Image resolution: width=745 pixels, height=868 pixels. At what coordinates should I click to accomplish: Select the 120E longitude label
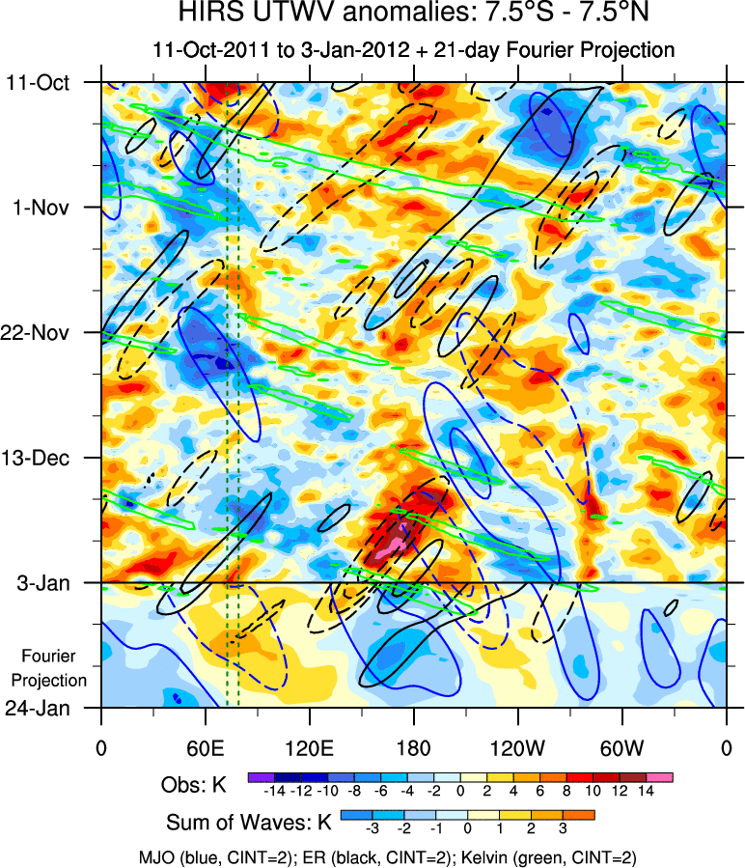[309, 746]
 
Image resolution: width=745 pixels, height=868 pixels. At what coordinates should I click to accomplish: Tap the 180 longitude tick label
[413, 746]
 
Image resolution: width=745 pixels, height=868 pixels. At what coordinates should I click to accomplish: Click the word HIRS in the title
[207, 14]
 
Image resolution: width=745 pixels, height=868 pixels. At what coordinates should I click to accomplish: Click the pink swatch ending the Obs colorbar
[661, 776]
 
